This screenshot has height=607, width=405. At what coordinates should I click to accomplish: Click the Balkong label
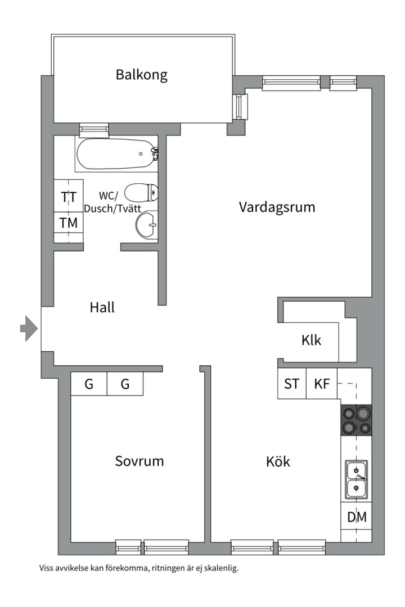142,75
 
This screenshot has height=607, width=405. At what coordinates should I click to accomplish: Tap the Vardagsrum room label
277,207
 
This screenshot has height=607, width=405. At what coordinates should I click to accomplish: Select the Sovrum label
139,461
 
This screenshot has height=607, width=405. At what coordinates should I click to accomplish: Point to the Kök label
278,462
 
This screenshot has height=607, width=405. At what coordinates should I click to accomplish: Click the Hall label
102,307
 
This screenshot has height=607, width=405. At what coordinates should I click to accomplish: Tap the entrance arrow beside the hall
29,328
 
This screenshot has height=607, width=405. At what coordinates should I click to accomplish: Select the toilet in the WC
140,193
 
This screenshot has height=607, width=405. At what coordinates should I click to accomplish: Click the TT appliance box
69,196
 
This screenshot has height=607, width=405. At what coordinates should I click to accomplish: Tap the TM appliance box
69,222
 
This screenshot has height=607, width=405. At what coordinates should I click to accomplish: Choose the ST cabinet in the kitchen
292,384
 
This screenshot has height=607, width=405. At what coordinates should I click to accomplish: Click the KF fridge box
322,384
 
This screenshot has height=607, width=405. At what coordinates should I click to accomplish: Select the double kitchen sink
357,479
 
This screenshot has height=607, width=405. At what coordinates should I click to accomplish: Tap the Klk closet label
311,340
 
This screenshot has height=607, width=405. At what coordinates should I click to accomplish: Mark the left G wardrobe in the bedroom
89,384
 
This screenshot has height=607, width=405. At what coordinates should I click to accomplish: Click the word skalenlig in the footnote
222,568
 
